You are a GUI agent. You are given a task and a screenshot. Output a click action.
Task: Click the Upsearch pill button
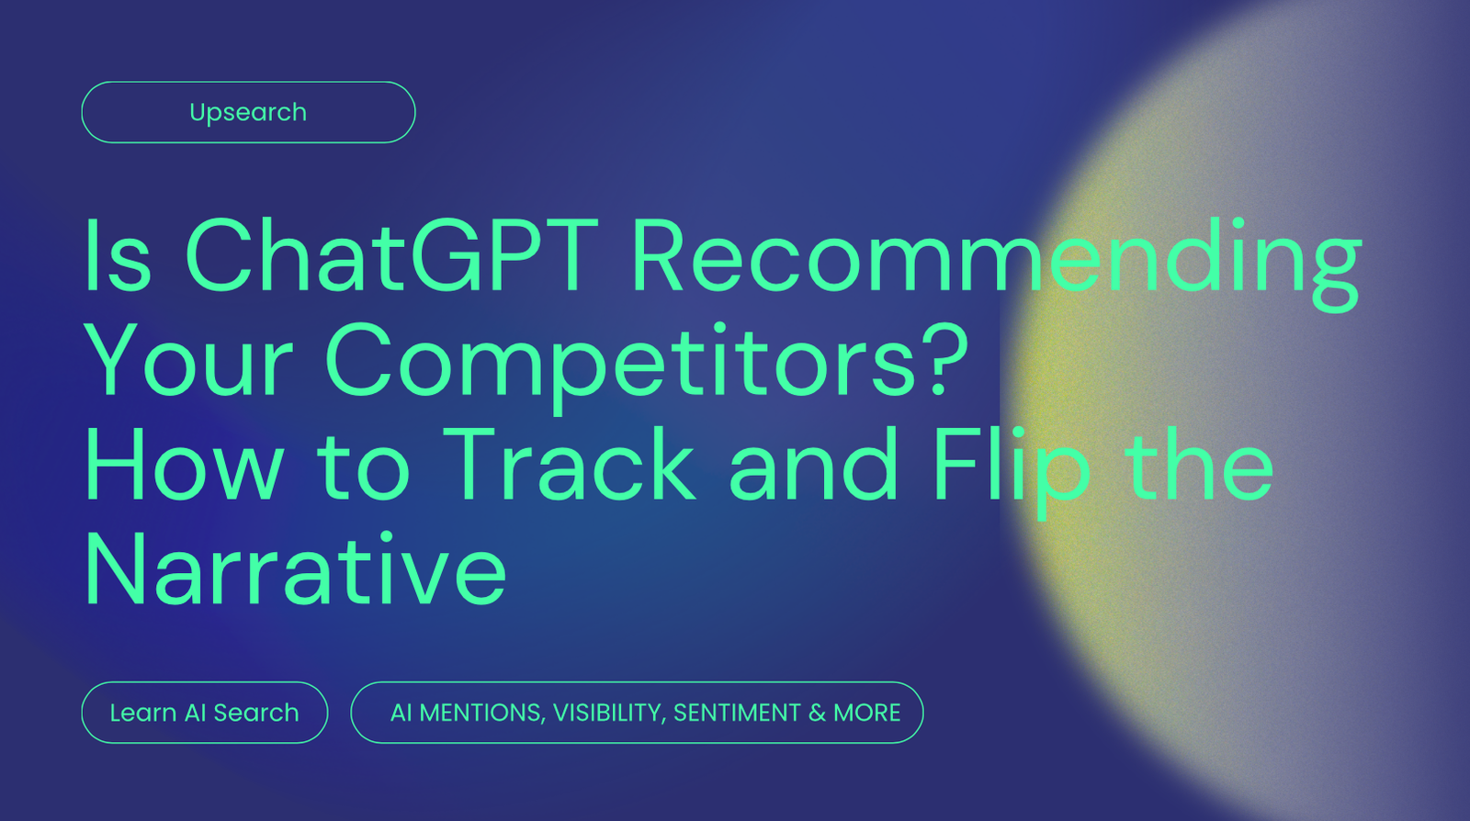point(248,112)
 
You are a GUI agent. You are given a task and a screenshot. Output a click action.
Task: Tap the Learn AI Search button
point(204,713)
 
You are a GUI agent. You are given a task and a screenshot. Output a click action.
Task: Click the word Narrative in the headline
point(296,570)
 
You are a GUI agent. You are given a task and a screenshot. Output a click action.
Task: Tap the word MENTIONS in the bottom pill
point(480,713)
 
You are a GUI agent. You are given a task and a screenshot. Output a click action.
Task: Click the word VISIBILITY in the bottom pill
point(607,713)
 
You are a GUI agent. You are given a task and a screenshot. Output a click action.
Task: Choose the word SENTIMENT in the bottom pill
point(736,713)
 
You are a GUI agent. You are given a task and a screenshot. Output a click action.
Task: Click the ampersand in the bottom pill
point(817,713)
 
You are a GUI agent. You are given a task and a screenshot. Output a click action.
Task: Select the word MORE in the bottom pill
point(866,713)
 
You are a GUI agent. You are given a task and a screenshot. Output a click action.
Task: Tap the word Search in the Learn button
point(255,713)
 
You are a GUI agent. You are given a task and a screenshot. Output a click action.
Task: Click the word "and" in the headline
point(812,466)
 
